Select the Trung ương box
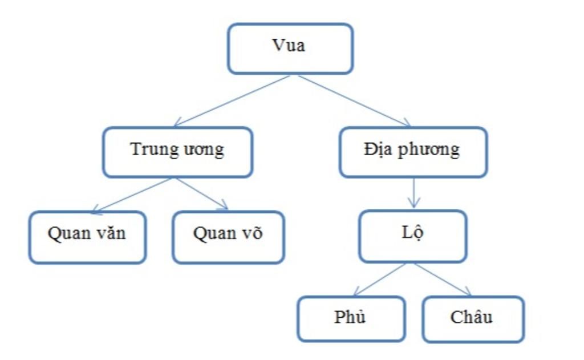pyautogui.click(x=177, y=152)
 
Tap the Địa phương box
pyautogui.click(x=413, y=152)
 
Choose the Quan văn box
pyautogui.click(x=87, y=237)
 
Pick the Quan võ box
pyautogui.click(x=228, y=237)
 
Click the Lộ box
pyautogui.click(x=412, y=236)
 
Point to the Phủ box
pyautogui.click(x=351, y=318)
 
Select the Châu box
pyautogui.click(x=472, y=318)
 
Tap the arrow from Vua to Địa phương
pyautogui.click(x=354, y=100)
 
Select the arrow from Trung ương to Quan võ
pyautogui.click(x=202, y=194)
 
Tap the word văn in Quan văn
pyautogui.click(x=111, y=234)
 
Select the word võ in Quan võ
pyautogui.click(x=251, y=234)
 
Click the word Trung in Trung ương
pyautogui.click(x=151, y=149)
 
